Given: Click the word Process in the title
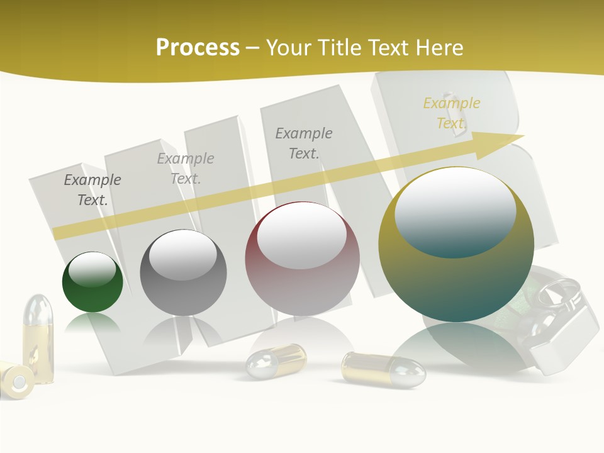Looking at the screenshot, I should tap(198, 48).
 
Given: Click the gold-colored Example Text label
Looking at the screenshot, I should tap(452, 113).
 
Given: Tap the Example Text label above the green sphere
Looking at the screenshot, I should tap(92, 190).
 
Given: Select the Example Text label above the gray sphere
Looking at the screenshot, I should tap(186, 169).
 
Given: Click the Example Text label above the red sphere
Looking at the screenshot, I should tap(304, 143).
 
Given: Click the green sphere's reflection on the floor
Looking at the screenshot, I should tap(92, 324).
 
